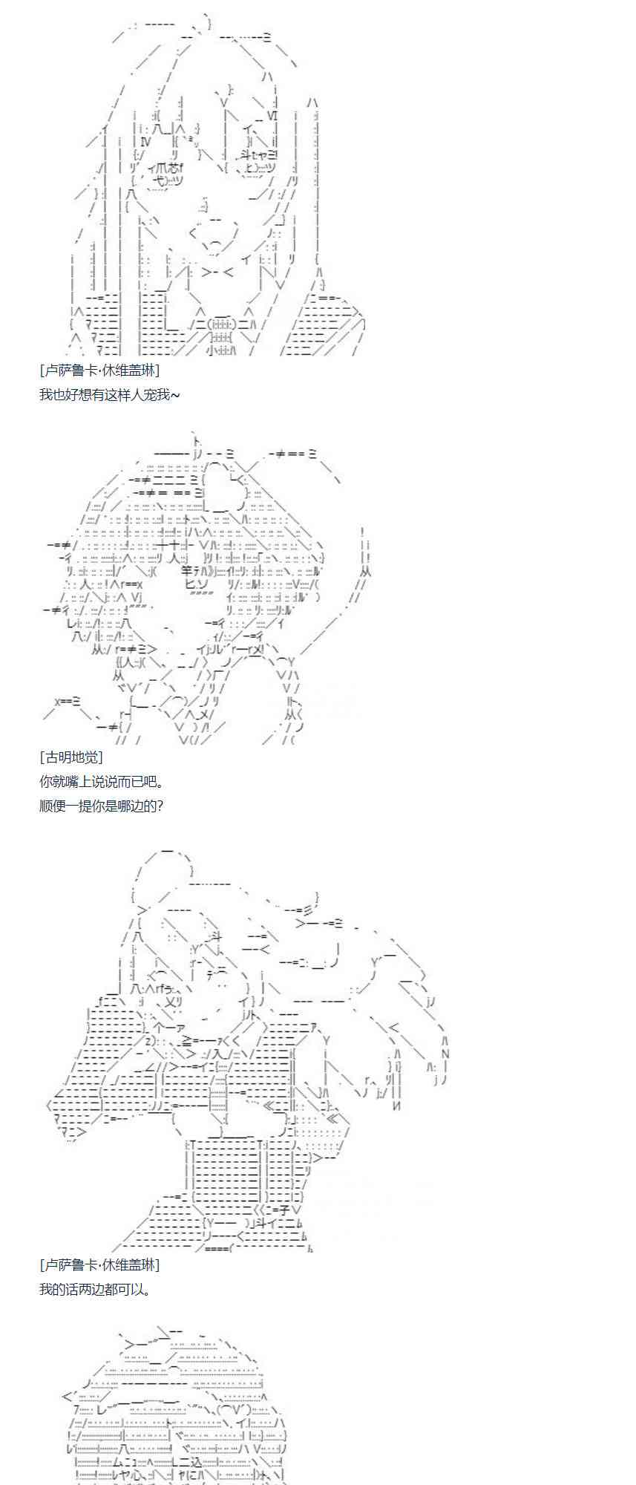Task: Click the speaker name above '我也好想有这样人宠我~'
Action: pos(99,370)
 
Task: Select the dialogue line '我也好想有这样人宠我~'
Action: pos(109,394)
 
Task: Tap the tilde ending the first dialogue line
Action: pos(175,394)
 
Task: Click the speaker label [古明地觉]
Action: pos(71,757)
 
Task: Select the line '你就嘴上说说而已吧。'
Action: pos(102,781)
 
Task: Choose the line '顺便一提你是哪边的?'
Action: pos(101,805)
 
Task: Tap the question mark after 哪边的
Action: pos(160,805)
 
